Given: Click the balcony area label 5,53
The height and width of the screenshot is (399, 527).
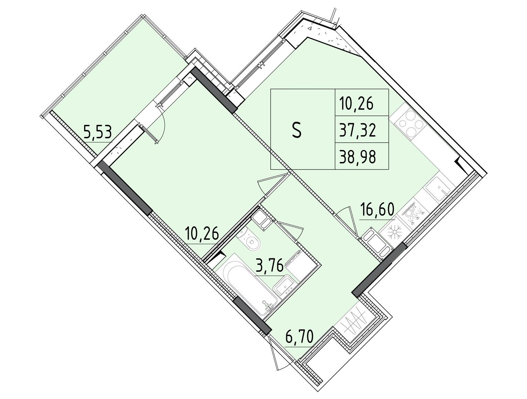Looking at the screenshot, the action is (97, 133).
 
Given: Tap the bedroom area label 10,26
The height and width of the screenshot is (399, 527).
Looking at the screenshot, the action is (202, 234).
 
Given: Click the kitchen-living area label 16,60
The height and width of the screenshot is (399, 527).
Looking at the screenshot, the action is (377, 209).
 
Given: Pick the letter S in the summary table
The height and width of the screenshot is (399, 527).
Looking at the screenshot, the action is (297, 131).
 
